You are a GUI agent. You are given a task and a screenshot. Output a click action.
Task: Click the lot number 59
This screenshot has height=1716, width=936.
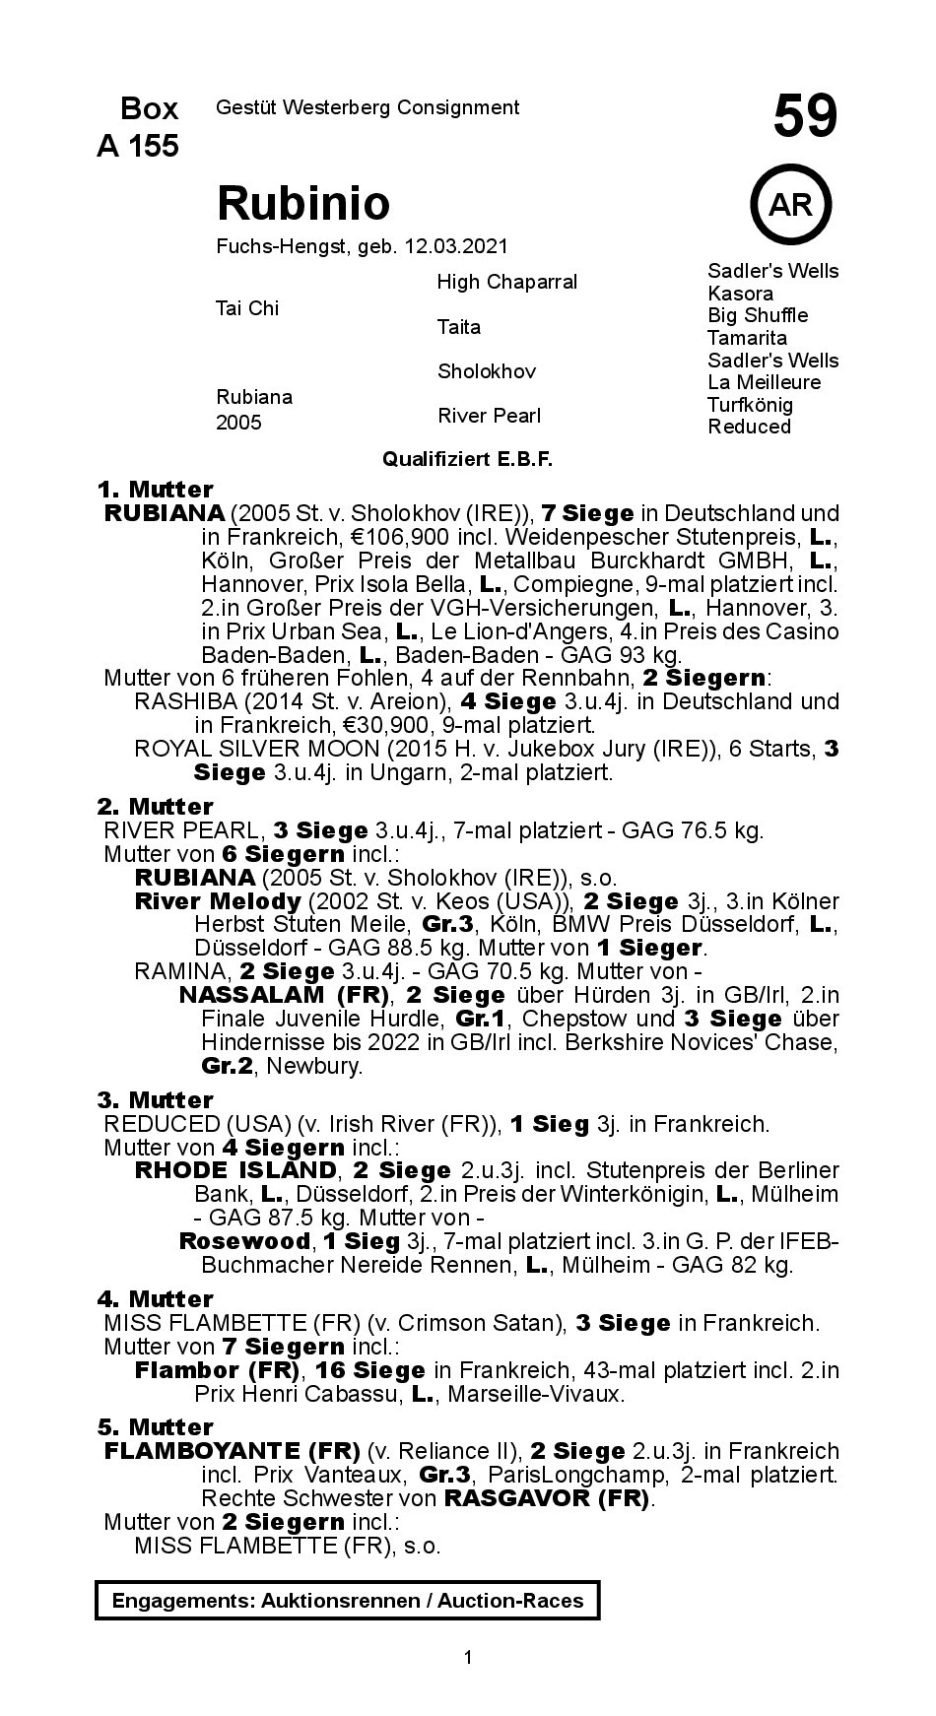tap(804, 116)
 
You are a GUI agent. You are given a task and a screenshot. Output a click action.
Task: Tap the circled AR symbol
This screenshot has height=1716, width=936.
tap(790, 205)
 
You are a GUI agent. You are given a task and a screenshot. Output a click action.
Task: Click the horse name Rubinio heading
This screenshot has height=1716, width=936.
tap(302, 203)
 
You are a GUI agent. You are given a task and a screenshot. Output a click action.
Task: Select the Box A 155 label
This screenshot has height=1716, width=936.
tap(138, 127)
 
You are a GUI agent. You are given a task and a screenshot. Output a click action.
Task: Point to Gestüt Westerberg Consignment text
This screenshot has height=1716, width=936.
tap(367, 107)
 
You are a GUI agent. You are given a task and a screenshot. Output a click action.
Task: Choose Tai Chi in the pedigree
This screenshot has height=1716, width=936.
tap(246, 308)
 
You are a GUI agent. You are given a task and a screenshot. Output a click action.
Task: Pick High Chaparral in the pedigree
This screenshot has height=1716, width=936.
tap(506, 282)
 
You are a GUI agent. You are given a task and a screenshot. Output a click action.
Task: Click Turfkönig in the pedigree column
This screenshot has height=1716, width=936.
tap(749, 405)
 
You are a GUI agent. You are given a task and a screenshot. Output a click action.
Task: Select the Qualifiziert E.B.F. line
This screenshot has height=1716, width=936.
tap(467, 459)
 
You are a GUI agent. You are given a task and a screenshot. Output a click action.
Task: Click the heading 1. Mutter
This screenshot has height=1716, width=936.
tap(155, 490)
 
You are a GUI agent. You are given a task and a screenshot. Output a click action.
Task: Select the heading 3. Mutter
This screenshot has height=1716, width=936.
tap(155, 1100)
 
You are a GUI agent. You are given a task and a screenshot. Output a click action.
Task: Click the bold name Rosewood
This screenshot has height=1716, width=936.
tap(243, 1241)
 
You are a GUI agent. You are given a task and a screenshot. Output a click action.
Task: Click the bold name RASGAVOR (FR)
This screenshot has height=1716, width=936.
tap(547, 1498)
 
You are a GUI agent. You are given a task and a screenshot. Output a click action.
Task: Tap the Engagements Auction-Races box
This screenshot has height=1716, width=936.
tap(347, 1601)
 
